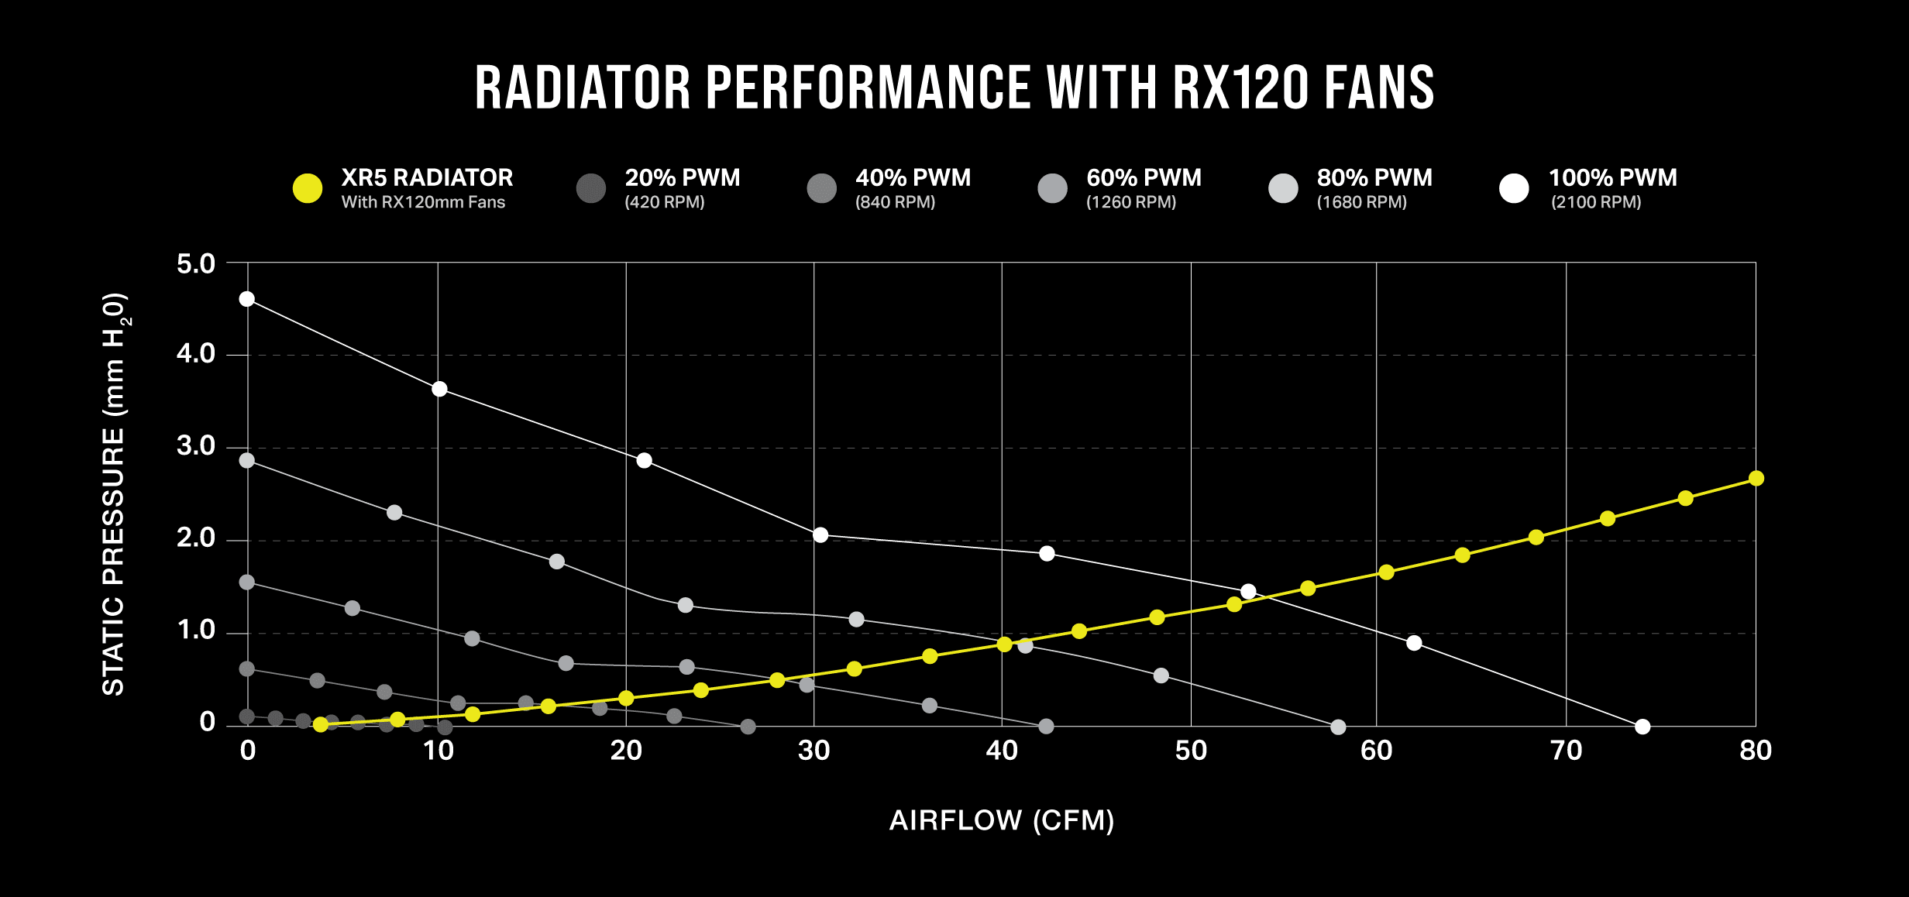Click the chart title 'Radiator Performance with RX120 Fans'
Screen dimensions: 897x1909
click(955, 88)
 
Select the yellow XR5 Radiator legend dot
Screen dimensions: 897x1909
click(308, 188)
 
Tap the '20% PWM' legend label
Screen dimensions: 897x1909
click(682, 178)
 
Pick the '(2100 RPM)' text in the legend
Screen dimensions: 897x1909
click(1596, 202)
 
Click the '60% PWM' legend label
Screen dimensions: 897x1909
click(1144, 178)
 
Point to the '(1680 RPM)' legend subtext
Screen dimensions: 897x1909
click(1361, 202)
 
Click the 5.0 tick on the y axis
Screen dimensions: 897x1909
click(196, 264)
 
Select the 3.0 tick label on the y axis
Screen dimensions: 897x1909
click(196, 446)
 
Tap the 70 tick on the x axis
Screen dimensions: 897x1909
click(1566, 751)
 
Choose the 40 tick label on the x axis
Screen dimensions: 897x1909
click(1002, 751)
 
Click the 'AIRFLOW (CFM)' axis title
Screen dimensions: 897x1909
click(1002, 820)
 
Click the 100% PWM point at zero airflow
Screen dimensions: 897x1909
click(247, 299)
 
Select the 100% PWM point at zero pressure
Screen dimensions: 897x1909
click(1642, 727)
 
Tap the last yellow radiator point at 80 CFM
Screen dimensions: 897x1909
click(1756, 479)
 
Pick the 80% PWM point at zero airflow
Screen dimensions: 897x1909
click(247, 460)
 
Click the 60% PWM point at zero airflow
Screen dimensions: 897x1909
click(247, 582)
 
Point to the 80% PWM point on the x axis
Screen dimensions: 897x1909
click(1338, 727)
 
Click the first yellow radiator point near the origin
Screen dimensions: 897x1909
click(321, 724)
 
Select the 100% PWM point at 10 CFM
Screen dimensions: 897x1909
click(439, 389)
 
